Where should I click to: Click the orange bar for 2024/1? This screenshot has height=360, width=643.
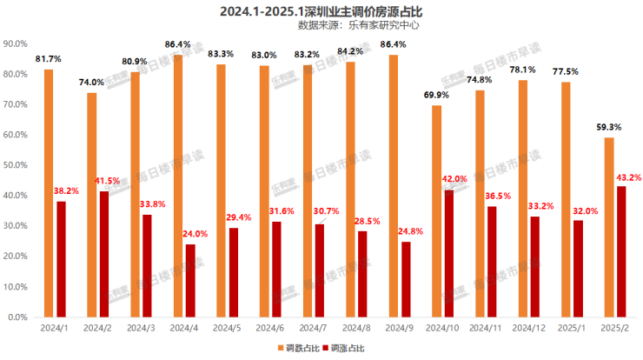coord(49,193)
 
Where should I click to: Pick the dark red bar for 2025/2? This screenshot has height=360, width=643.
coord(620,251)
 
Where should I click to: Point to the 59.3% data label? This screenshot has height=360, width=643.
coord(608,127)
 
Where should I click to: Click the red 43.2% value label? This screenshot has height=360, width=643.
coord(629,177)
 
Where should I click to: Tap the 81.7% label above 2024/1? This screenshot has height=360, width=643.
coord(49,58)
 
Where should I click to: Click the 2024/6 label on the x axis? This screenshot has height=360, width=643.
coord(270,330)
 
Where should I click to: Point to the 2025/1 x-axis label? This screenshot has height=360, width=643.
coord(572,330)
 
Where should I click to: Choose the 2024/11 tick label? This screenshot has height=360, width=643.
coord(486,330)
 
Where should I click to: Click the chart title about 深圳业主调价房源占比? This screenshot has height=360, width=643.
coord(320,10)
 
